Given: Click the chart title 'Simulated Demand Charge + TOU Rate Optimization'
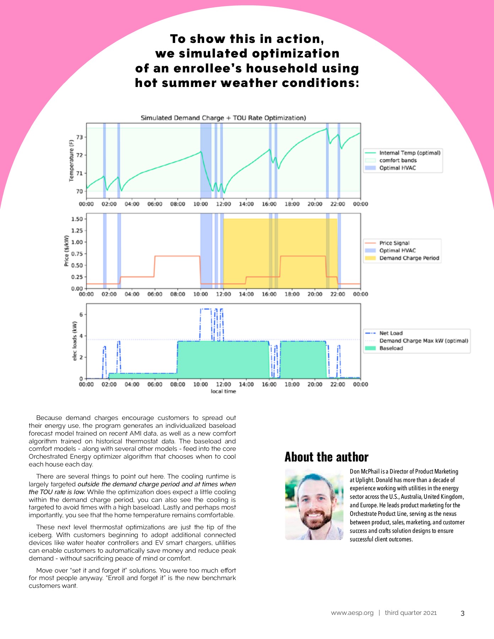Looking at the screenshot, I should pos(223,118).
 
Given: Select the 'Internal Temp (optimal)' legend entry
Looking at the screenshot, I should pos(409,153).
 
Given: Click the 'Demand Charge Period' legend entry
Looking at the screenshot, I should pos(409,258).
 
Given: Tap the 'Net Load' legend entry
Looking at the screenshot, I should pos(391,333).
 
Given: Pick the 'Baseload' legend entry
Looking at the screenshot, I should pos(391,348).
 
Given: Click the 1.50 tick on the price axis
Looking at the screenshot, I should pos(77,219).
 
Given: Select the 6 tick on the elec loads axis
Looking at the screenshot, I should pos(81,315).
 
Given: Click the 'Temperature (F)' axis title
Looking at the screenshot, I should pos(71,160).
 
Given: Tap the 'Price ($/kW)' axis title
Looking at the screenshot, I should pos(66,251).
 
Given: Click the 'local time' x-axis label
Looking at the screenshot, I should pos(223,391).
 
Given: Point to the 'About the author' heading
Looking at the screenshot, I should pos(326,457).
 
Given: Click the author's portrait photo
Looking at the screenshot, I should pos(314,504).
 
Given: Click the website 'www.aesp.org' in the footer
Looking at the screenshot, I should pos(352,613).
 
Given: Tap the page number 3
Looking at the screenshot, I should pos(462,613).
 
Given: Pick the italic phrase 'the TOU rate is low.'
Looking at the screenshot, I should pos(57,492).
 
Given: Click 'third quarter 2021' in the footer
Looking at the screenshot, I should pos(411,613).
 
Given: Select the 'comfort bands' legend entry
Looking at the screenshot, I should pos(398,160).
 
